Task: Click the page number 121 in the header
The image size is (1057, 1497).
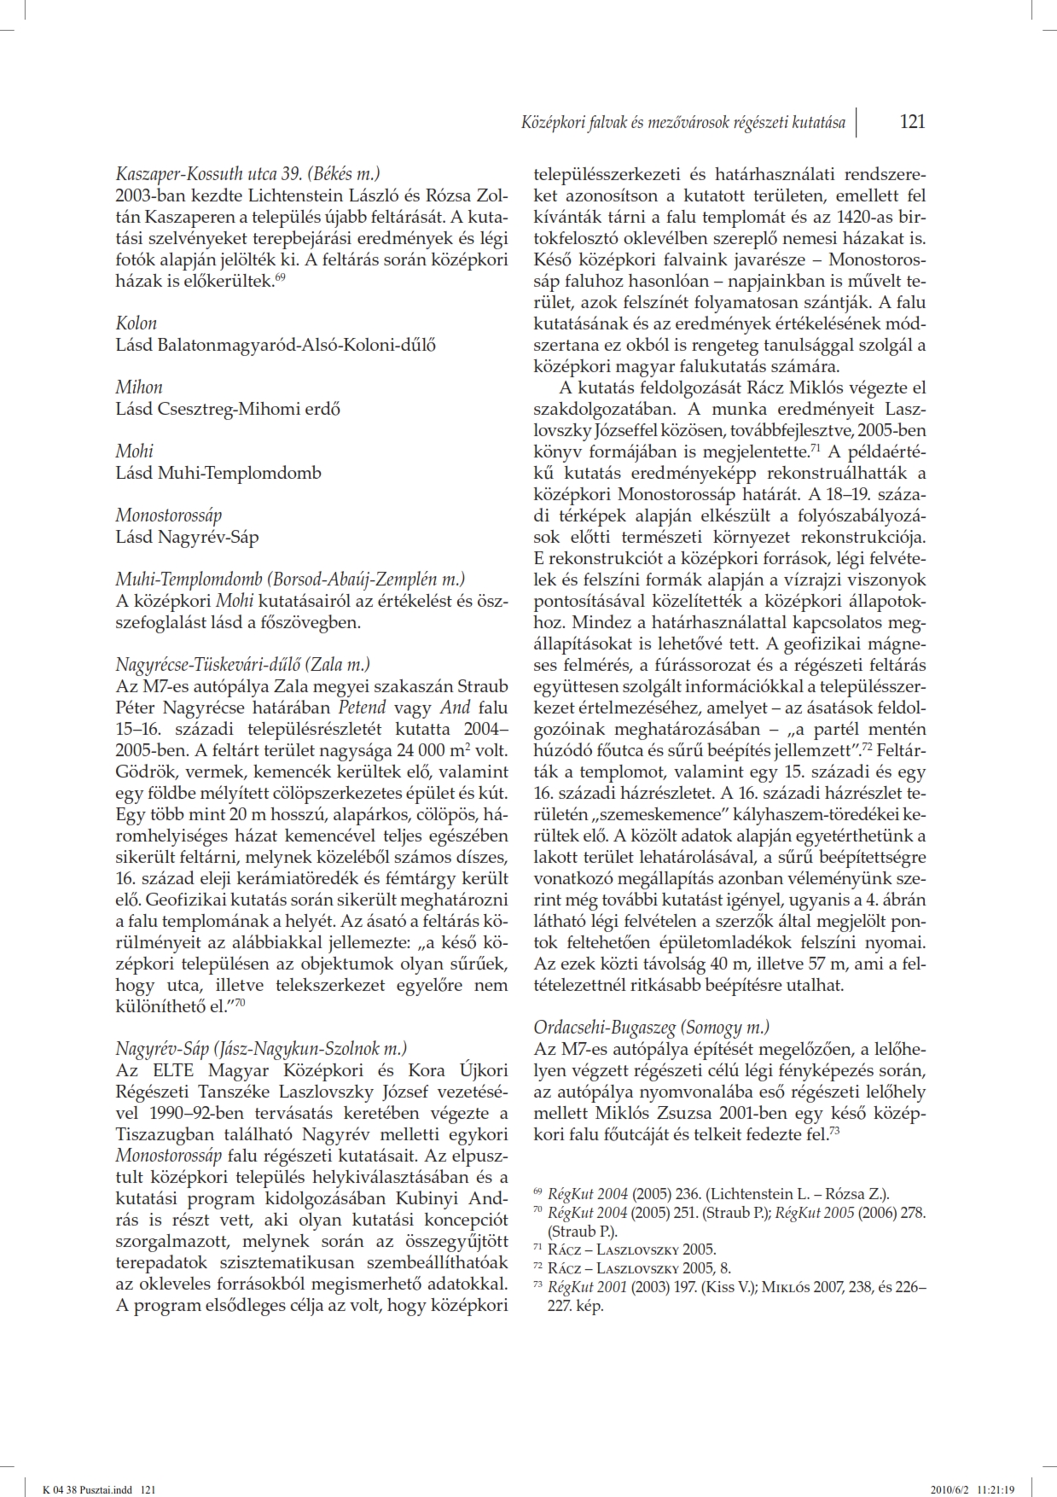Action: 912,121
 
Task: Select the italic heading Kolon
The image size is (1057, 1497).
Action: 136,323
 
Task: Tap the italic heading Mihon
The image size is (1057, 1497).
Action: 139,387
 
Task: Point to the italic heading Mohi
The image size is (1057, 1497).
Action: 135,451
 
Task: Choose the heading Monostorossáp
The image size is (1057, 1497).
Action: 169,515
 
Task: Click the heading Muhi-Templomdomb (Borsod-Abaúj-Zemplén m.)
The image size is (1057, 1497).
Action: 291,579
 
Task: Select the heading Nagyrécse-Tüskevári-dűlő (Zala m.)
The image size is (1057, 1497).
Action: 243,664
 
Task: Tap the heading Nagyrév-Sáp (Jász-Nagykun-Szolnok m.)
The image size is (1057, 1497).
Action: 262,1048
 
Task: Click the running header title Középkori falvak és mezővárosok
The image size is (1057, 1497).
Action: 683,122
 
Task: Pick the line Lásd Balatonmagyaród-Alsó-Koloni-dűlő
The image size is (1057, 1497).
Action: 276,345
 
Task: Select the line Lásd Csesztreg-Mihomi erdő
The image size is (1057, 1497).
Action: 228,409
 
